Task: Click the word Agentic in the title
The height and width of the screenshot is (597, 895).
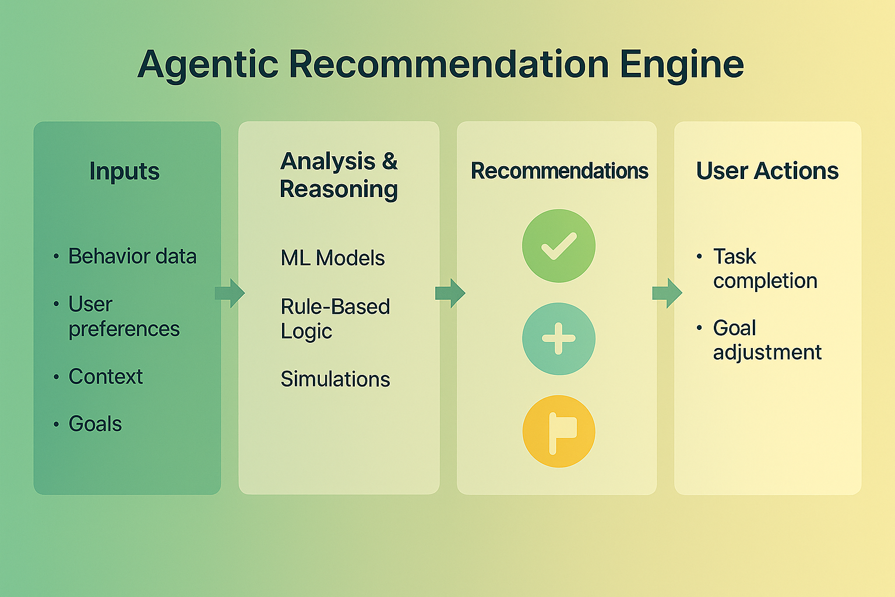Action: (x=207, y=64)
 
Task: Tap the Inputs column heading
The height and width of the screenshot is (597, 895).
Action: (x=125, y=171)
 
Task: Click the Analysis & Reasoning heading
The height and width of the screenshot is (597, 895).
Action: (x=339, y=175)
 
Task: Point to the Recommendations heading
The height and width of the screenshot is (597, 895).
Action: (x=559, y=171)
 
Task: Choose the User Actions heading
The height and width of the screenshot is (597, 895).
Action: (x=767, y=171)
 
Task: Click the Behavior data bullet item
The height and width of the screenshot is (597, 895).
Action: (x=132, y=257)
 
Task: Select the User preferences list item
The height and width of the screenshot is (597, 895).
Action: (x=124, y=317)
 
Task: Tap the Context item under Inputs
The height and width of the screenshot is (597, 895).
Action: (x=105, y=377)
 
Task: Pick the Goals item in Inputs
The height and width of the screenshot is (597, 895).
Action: (x=95, y=424)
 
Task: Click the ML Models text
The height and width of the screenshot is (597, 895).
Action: (x=333, y=258)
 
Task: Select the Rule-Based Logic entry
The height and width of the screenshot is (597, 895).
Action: (x=334, y=319)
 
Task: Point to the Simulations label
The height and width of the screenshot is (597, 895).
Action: (x=335, y=380)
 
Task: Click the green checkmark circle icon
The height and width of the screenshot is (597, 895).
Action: (x=558, y=246)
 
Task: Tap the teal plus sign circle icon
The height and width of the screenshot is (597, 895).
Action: (x=558, y=339)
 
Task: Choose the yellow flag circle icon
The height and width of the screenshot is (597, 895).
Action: (x=558, y=431)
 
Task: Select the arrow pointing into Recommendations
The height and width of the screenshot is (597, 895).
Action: (x=450, y=293)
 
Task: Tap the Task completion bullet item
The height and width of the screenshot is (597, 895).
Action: (x=764, y=269)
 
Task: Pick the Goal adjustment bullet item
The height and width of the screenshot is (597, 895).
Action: (x=767, y=340)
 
